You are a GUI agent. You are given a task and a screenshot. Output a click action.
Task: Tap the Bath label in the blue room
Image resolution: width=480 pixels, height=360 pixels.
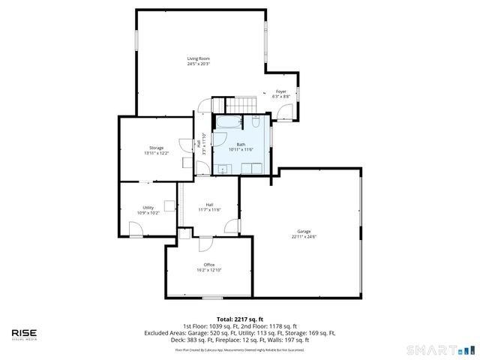click(241, 144)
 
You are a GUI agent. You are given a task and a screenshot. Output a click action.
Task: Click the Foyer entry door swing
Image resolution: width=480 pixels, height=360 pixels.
click(285, 113)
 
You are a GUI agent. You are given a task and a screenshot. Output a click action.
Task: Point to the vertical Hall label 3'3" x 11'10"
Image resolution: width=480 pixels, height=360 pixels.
click(199, 143)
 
